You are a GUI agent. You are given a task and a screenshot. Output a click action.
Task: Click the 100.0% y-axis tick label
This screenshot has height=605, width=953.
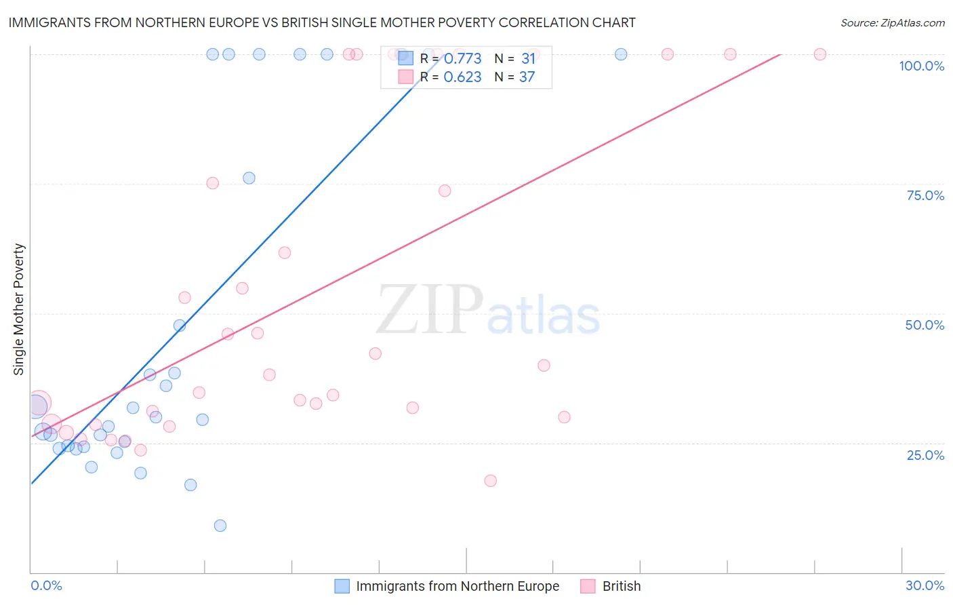click(x=921, y=66)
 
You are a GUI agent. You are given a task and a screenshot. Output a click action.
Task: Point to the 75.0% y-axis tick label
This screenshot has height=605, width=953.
click(x=925, y=195)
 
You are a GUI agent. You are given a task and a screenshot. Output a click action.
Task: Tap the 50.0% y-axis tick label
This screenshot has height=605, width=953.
click(x=925, y=325)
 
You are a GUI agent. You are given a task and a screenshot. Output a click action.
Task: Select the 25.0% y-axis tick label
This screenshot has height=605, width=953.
click(x=925, y=455)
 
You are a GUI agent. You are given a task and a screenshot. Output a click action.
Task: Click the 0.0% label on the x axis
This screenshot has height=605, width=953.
click(x=46, y=585)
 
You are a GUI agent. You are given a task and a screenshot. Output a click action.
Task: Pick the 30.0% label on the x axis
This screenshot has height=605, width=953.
click(x=925, y=585)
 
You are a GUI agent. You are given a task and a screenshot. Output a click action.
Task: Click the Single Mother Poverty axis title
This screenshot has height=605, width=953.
click(x=19, y=309)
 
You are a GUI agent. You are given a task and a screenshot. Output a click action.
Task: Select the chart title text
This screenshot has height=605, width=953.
click(x=322, y=22)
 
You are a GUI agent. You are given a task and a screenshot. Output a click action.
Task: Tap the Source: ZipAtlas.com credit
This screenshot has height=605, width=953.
click(x=892, y=22)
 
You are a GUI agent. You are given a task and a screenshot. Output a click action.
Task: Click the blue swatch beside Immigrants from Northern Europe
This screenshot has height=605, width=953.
click(x=342, y=586)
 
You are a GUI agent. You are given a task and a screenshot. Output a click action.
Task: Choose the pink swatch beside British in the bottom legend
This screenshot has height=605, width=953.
click(x=588, y=586)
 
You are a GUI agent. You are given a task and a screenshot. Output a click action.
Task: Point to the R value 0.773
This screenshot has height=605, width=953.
click(x=462, y=59)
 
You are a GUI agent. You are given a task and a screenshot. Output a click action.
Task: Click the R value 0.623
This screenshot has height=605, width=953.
click(x=462, y=77)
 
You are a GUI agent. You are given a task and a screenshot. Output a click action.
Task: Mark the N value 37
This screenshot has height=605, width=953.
click(x=527, y=77)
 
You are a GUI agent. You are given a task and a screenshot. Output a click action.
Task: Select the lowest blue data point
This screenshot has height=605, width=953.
click(x=220, y=526)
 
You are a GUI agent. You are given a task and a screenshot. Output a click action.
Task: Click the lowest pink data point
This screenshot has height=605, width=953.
click(x=491, y=481)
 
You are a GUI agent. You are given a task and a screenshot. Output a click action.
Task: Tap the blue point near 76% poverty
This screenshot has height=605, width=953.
click(x=249, y=178)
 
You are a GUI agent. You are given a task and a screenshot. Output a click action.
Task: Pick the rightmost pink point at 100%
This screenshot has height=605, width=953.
click(x=819, y=54)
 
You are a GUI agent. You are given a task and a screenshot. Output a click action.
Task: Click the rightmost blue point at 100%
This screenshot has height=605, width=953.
click(x=621, y=54)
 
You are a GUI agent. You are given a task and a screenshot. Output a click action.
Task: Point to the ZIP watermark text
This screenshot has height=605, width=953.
click(x=430, y=311)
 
